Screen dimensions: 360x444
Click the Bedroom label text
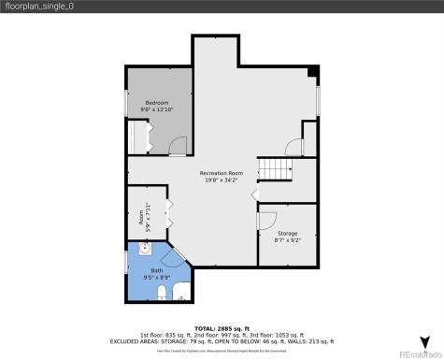tap(156, 102)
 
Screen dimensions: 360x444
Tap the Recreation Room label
tap(221, 174)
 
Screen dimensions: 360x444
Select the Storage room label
tap(287, 233)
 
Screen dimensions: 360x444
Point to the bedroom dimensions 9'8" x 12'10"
tap(156, 109)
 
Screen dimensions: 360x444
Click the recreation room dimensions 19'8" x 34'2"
tap(221, 180)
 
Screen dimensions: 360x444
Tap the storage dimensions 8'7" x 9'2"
tap(287, 240)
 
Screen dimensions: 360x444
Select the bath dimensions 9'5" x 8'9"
tap(156, 277)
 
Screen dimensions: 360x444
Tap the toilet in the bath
tap(163, 295)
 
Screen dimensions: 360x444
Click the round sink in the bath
tap(144, 250)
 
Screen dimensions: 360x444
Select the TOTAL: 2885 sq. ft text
tap(222, 327)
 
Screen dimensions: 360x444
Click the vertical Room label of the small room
tap(142, 219)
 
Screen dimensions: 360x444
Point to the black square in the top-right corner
tap(314, 71)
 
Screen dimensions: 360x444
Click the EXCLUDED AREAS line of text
tap(222, 341)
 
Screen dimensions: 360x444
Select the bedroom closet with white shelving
tap(140, 137)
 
